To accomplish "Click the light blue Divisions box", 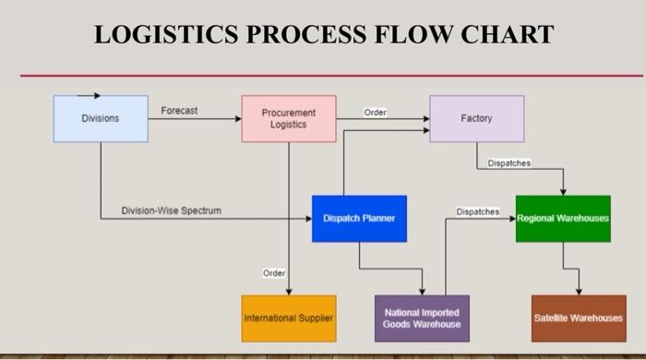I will [x=100, y=118].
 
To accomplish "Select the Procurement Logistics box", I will [x=288, y=118].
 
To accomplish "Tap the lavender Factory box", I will [x=476, y=118].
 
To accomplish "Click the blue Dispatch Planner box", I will [x=359, y=219].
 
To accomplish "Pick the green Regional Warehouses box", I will [x=563, y=219].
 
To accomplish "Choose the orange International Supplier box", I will [x=289, y=318].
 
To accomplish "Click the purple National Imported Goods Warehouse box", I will [x=422, y=318].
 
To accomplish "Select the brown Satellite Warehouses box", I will [x=579, y=318].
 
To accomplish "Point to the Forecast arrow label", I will [x=179, y=111].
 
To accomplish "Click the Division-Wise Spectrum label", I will [x=172, y=210].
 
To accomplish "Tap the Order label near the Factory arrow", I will [x=376, y=112].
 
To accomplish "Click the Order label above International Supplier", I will [x=274, y=273].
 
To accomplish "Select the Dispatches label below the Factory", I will [x=509, y=163].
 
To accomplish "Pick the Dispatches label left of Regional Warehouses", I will [x=478, y=211].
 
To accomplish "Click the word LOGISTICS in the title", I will [x=173, y=35].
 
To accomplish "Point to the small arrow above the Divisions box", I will [x=89, y=94].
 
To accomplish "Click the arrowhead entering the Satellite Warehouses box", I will [x=579, y=291].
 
